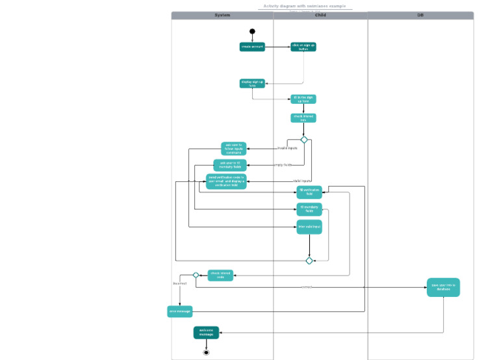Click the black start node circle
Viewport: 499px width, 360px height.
coord(252,31)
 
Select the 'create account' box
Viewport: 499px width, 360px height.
coord(252,47)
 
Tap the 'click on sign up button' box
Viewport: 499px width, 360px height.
coord(303,47)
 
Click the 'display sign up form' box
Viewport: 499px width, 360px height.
coord(252,83)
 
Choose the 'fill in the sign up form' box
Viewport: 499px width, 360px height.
coord(303,99)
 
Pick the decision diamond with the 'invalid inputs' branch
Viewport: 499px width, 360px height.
coord(303,140)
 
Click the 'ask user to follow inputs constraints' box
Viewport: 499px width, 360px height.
coord(234,149)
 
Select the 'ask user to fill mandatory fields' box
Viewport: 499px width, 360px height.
coord(230,165)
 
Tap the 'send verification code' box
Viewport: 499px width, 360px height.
coord(226,181)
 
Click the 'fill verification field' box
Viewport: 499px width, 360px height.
coord(309,191)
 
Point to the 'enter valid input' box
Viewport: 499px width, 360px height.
coord(309,227)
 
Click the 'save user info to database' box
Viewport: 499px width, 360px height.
coord(443,287)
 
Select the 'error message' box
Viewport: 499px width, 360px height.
coord(180,311)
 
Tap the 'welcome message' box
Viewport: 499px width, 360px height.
coord(206,333)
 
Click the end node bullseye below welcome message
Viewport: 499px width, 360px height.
coord(206,352)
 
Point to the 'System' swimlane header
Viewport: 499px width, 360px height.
coord(222,15)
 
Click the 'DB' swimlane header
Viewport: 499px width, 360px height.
coord(420,15)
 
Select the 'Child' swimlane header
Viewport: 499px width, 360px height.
coord(320,15)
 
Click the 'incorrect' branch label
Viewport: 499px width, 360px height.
coord(179,283)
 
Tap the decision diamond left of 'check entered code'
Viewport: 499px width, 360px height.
coord(196,275)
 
